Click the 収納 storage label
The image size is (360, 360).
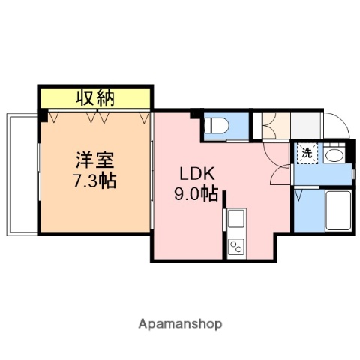(97, 97)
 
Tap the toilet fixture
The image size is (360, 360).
(216, 126)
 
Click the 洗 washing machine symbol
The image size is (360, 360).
(307, 154)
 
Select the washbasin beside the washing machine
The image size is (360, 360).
(334, 155)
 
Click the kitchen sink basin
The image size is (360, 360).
(235, 222)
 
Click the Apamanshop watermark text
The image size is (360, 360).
(180, 324)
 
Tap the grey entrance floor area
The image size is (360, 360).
(307, 124)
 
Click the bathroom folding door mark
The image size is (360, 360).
(299, 196)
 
